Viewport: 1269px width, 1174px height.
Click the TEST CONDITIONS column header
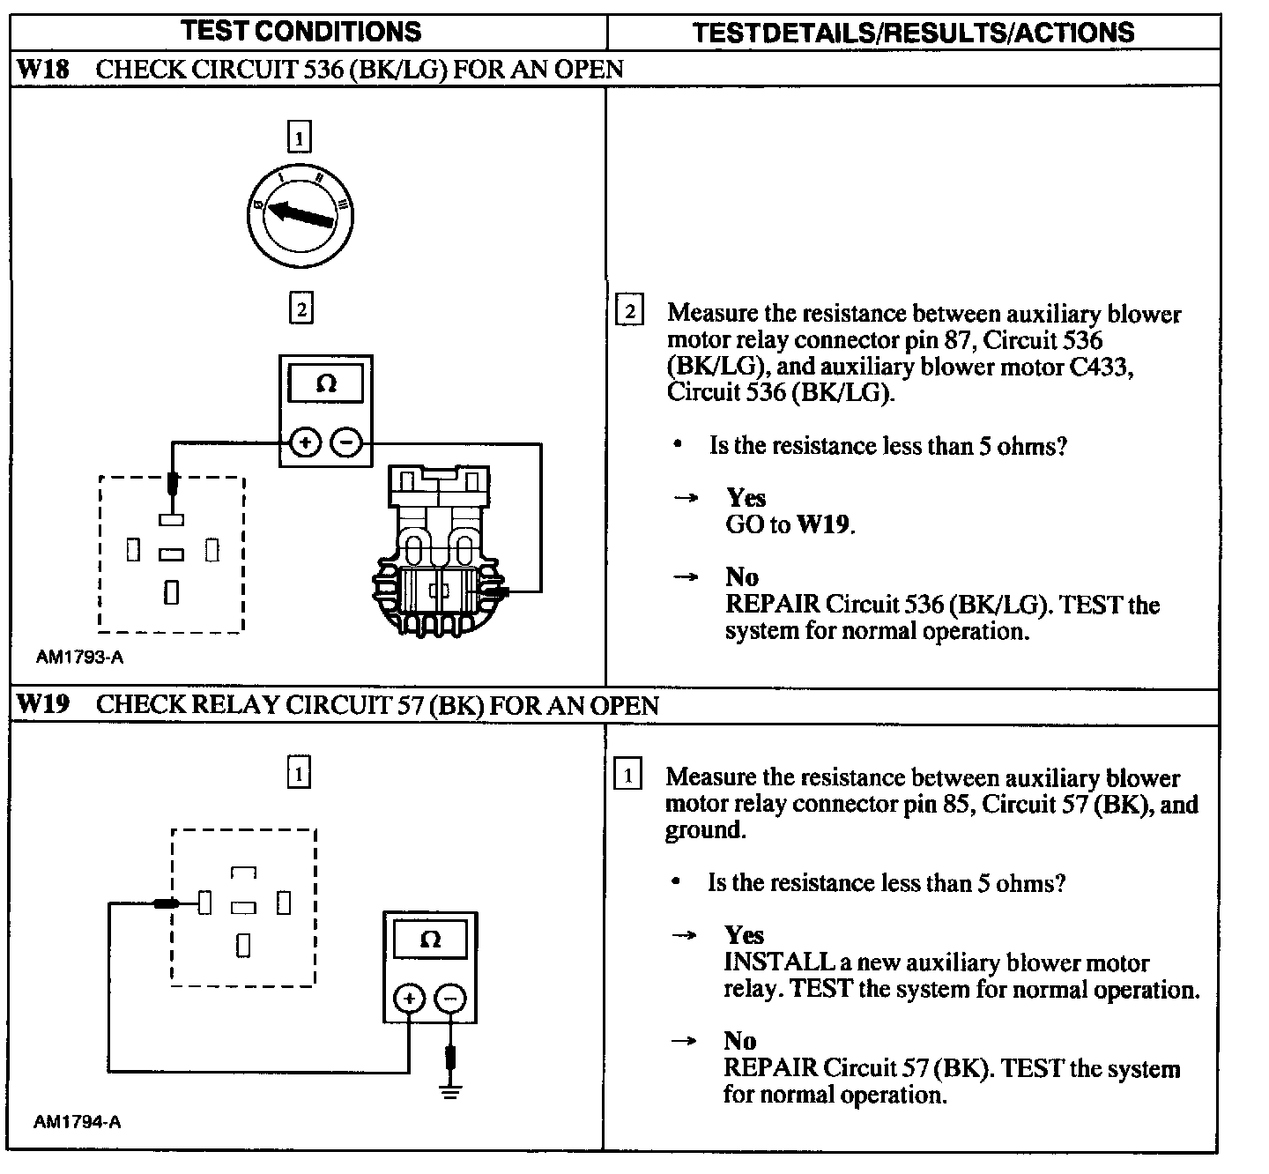pos(301,32)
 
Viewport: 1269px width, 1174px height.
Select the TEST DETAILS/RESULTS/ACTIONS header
pos(913,33)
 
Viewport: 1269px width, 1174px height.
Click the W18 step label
pos(44,70)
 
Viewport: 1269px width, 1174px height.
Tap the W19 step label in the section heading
pos(44,705)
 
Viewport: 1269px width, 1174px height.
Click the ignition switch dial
pos(300,213)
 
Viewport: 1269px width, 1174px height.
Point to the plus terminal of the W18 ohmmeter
pos(304,443)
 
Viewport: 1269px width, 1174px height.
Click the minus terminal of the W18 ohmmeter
pos(347,443)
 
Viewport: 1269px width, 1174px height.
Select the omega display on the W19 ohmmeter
pos(430,940)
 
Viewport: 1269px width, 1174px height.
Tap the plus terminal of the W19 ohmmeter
pos(408,999)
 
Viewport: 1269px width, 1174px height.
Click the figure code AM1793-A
pos(80,657)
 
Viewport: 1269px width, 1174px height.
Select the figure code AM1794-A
pos(78,1122)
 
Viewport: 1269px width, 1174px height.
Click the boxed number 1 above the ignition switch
pos(300,138)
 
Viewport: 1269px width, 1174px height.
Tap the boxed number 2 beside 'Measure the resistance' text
pos(628,312)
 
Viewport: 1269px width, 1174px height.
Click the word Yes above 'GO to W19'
pos(746,498)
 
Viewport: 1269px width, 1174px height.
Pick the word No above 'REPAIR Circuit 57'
pos(740,1041)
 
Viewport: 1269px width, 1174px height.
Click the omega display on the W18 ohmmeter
pos(325,384)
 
